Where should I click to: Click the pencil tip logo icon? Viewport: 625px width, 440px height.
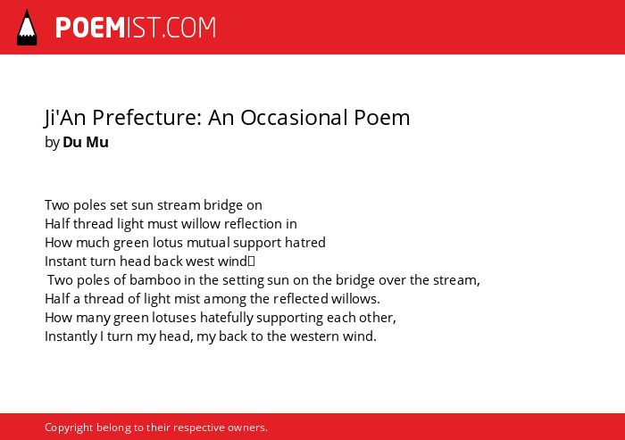pyautogui.click(x=27, y=28)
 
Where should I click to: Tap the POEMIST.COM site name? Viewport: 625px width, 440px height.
pyautogui.click(x=136, y=28)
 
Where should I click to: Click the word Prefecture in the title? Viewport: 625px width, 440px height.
pyautogui.click(x=147, y=117)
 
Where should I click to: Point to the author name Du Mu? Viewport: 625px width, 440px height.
pyautogui.click(x=86, y=142)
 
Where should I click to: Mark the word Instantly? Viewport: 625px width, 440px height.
pyautogui.click(x=71, y=336)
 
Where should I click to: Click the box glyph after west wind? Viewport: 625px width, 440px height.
pyautogui.click(x=251, y=262)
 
